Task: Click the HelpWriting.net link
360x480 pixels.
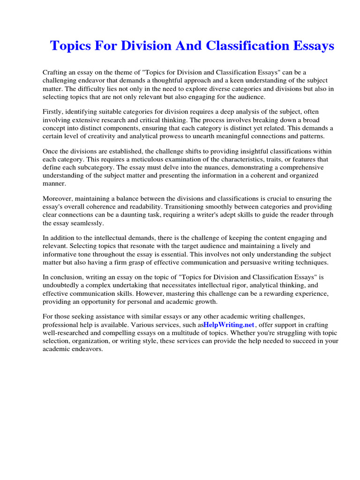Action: pyautogui.click(x=229, y=325)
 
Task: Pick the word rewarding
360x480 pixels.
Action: pyautogui.click(x=265, y=293)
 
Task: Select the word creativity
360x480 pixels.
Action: pyautogui.click(x=97, y=136)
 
